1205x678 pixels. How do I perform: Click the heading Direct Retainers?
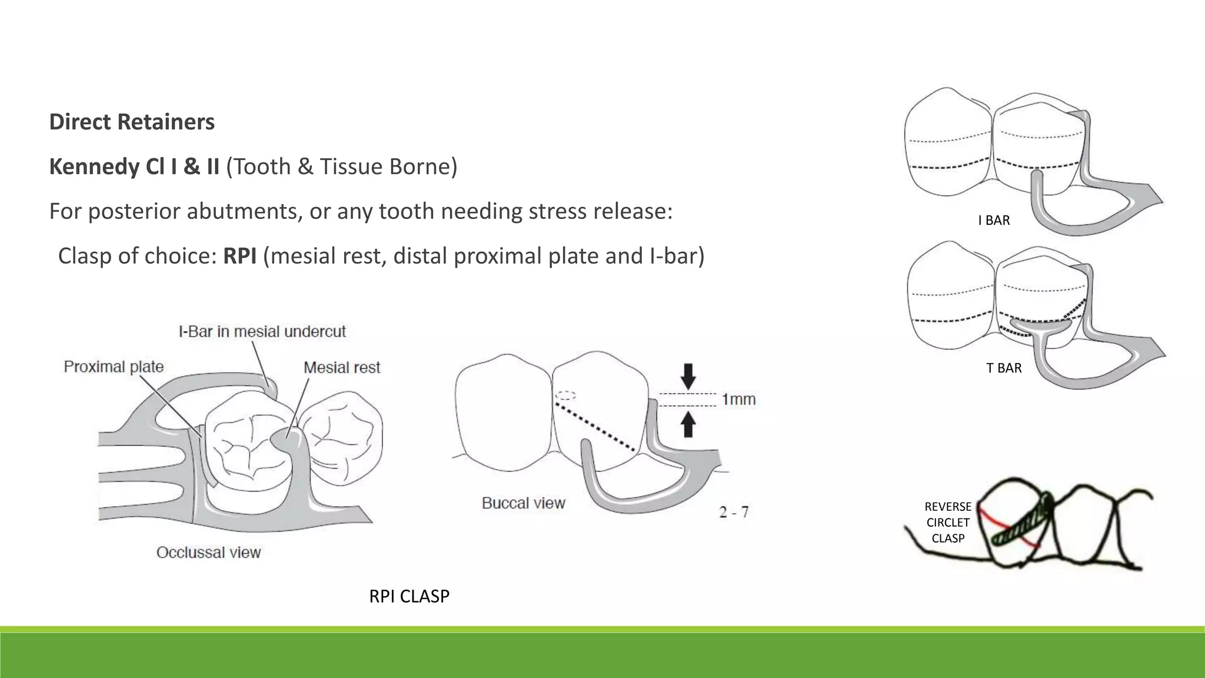[132, 122]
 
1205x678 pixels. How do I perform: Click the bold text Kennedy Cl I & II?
[134, 167]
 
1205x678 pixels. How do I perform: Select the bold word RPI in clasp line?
[239, 256]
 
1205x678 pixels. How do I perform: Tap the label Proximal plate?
[114, 367]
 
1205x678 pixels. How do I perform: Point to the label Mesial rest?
[342, 368]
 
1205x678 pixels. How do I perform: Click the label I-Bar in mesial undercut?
[262, 332]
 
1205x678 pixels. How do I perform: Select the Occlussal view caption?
[208, 553]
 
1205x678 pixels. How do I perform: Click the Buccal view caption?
[523, 503]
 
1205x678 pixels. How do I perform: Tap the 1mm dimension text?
[738, 400]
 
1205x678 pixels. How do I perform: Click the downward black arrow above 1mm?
[688, 375]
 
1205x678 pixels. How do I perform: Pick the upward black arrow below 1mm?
[688, 424]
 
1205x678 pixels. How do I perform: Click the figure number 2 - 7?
[734, 512]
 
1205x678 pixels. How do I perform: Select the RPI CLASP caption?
[409, 596]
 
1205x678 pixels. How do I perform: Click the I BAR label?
[994, 221]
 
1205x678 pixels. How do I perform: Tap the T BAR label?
[1004, 368]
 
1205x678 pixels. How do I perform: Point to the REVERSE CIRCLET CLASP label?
[948, 522]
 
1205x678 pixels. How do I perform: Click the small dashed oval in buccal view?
[565, 395]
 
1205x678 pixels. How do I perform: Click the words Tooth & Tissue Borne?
[341, 167]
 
